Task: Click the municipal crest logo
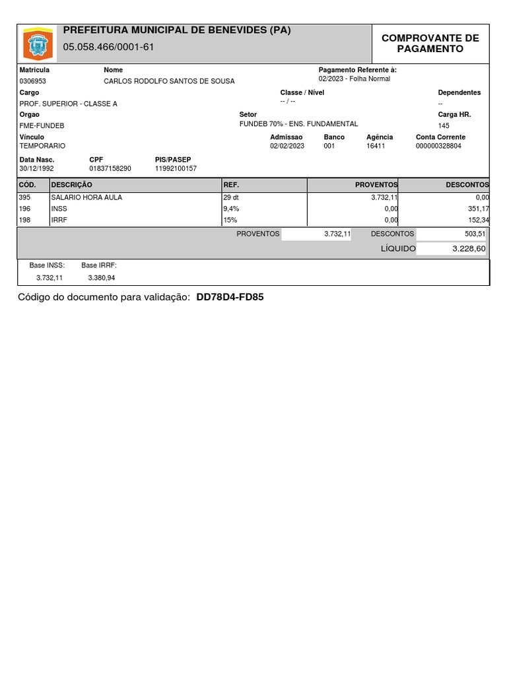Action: tap(37, 44)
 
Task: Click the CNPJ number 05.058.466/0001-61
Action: tap(108, 48)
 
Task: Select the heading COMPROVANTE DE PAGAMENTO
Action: tap(430, 44)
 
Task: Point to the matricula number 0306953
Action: tap(33, 81)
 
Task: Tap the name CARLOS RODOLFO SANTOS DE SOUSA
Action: tap(169, 81)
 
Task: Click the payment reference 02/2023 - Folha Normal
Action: tap(354, 79)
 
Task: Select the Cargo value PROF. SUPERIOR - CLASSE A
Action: tap(69, 104)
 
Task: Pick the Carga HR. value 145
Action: tap(444, 125)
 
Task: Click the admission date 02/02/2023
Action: tap(287, 146)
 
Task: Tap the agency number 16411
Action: tap(376, 146)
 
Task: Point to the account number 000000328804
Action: tap(438, 146)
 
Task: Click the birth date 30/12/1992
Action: tap(36, 168)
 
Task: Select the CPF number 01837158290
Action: tap(110, 168)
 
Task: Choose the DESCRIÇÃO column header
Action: tap(72, 186)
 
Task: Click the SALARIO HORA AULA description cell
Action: tap(86, 197)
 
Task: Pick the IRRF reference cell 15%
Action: tap(230, 220)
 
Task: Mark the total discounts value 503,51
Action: tap(475, 234)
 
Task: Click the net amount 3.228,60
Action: tap(469, 249)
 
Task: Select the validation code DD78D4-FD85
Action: tap(230, 298)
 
